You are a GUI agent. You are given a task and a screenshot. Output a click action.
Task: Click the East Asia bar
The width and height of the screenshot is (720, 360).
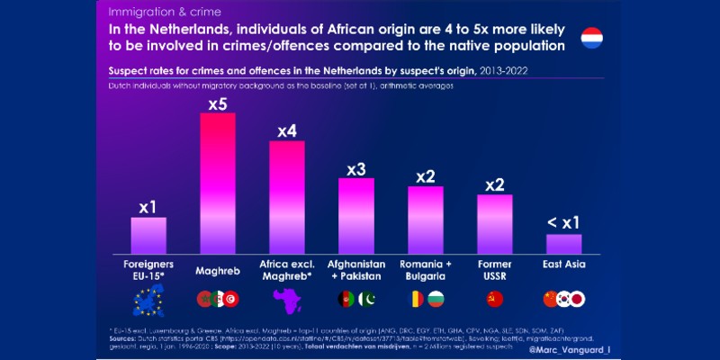click(564, 244)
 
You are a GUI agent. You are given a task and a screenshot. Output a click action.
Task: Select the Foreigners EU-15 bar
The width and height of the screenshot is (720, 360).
click(148, 236)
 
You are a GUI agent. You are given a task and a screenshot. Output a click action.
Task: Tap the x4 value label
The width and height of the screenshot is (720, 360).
click(286, 131)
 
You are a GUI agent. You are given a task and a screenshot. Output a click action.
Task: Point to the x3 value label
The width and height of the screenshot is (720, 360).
click(355, 168)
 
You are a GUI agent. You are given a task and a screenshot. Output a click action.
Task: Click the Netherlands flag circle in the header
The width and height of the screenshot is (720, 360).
click(591, 38)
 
